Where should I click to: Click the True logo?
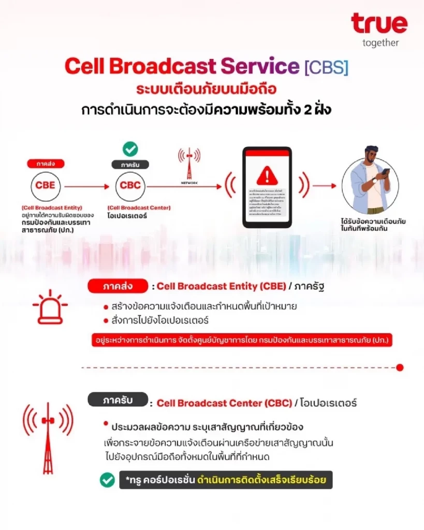[x=379, y=23]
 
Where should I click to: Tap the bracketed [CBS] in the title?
[x=326, y=67]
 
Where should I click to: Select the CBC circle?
[x=130, y=185]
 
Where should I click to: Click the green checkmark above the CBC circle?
[x=130, y=150]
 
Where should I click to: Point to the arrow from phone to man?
[x=325, y=185]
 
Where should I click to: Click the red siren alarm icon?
[x=50, y=307]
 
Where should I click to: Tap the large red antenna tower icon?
[x=48, y=437]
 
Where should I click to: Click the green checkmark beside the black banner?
[x=107, y=480]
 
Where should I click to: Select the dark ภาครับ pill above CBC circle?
[x=130, y=165]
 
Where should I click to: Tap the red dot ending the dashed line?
[x=399, y=367]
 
